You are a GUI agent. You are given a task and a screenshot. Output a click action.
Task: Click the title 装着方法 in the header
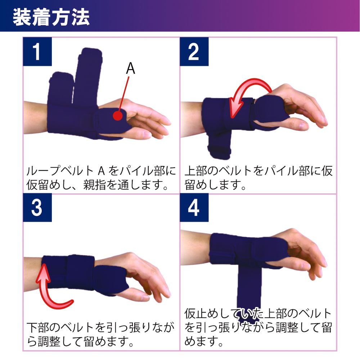51,17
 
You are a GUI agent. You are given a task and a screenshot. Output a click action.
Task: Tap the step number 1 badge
37,51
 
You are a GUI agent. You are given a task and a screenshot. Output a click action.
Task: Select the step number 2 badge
194,51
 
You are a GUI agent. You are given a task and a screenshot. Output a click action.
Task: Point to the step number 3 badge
37,208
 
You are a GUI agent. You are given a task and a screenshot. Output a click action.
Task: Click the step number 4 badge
194,208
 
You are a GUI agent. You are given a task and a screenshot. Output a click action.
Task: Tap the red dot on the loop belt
118,116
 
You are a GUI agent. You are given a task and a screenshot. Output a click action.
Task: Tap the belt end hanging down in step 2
219,145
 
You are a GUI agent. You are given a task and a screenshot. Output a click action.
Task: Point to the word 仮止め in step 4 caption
202,314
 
